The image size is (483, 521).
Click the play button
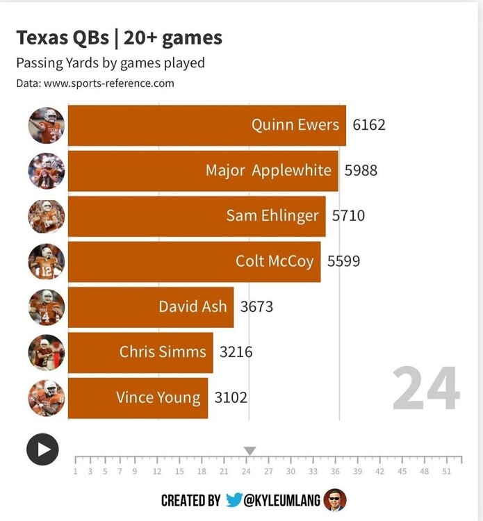[42, 449]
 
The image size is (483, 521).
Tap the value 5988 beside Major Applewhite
[361, 170]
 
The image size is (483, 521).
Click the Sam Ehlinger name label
[272, 215]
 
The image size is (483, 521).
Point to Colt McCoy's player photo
[46, 262]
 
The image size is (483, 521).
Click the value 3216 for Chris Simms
[236, 352]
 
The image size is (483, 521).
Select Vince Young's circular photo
[46, 397]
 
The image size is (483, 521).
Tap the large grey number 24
[425, 390]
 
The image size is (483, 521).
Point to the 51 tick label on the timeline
[446, 471]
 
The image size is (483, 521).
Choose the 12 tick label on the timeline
[157, 471]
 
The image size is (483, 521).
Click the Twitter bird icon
[234, 500]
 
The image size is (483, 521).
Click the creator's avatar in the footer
[335, 499]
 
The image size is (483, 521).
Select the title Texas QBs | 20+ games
[119, 38]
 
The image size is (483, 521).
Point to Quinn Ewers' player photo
[46, 126]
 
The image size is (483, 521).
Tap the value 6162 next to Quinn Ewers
[368, 125]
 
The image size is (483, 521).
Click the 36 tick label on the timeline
[335, 471]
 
